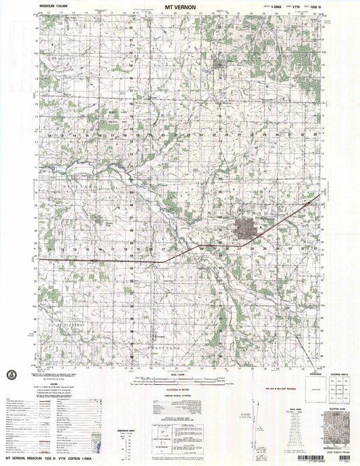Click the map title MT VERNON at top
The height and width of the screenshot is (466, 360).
click(x=180, y=6)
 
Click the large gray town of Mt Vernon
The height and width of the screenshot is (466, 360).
click(x=243, y=228)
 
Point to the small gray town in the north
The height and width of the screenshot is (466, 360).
click(x=219, y=65)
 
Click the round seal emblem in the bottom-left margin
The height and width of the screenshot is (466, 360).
click(x=11, y=375)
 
